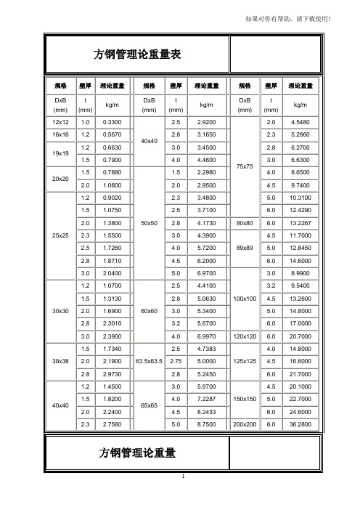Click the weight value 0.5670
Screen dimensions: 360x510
tap(112, 134)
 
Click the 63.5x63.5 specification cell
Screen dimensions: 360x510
tap(149, 360)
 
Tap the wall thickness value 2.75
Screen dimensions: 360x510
tap(174, 360)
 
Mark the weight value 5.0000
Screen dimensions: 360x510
tap(208, 360)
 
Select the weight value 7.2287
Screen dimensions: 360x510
tap(208, 398)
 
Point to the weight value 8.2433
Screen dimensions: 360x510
tap(208, 410)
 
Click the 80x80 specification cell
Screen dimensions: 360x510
tap(245, 222)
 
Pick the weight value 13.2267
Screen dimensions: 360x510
tap(300, 222)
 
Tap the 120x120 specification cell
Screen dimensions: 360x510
tap(245, 335)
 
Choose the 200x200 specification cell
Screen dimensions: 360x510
tap(245, 423)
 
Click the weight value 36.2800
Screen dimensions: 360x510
tap(300, 423)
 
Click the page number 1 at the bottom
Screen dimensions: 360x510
tap(185, 477)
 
